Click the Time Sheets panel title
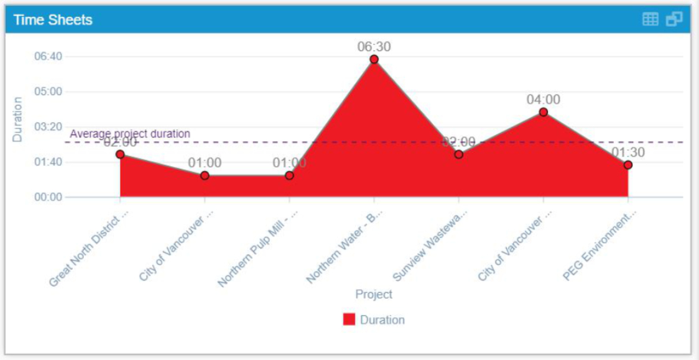(x=53, y=20)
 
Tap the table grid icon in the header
(x=650, y=19)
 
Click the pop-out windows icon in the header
(x=674, y=19)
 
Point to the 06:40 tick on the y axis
(x=47, y=57)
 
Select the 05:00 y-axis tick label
(x=47, y=91)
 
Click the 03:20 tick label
(x=47, y=127)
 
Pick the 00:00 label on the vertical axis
(x=47, y=197)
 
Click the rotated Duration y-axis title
(x=17, y=119)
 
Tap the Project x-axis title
(x=374, y=293)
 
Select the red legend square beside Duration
(x=349, y=320)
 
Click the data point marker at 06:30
(x=374, y=59)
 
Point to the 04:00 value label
(x=543, y=99)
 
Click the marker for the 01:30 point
(x=628, y=165)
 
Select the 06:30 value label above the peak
(x=374, y=47)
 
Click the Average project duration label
(x=130, y=134)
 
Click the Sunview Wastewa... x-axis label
(x=431, y=244)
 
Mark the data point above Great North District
(x=120, y=154)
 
